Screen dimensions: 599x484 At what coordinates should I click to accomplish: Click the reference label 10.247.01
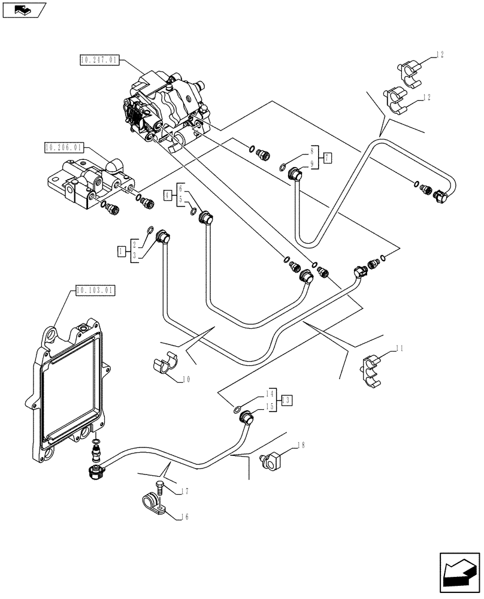click(x=99, y=60)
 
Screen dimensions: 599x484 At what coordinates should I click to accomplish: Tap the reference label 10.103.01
click(x=95, y=291)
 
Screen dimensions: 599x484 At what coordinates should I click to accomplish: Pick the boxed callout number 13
click(x=287, y=400)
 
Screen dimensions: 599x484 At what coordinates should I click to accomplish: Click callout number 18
click(x=301, y=446)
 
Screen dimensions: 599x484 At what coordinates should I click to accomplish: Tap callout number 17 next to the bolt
click(x=186, y=492)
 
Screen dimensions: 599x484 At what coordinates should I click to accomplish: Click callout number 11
click(x=399, y=347)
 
